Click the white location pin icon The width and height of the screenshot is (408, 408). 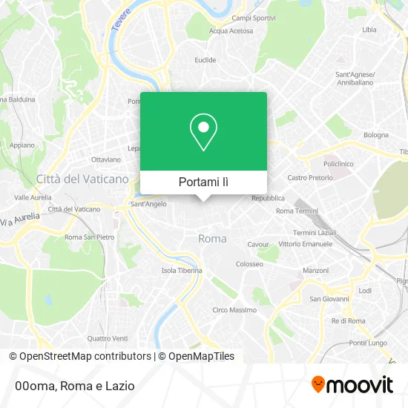tap(203, 132)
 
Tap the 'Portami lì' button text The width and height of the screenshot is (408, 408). tap(203, 182)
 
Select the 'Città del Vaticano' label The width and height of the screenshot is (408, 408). tap(82, 179)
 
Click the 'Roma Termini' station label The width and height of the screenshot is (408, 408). tap(296, 211)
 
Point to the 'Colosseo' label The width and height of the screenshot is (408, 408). tap(249, 263)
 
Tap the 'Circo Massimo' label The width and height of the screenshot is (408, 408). tap(234, 309)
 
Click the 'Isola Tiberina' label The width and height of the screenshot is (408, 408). tap(182, 270)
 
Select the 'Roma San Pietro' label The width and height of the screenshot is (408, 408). tap(90, 237)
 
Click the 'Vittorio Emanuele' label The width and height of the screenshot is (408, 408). tap(306, 244)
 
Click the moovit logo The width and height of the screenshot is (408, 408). tap(352, 385)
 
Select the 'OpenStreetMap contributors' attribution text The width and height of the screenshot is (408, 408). tap(85, 356)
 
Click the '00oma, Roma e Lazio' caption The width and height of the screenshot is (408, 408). tap(73, 386)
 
